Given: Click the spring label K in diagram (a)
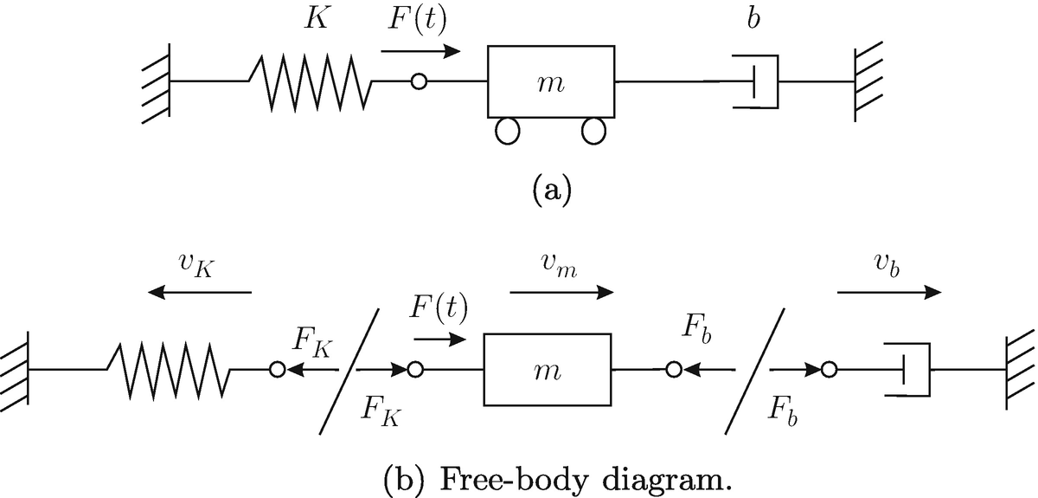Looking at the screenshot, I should coord(316,19).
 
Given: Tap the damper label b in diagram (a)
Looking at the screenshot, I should coord(754,20).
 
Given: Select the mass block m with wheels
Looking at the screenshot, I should coord(552,81).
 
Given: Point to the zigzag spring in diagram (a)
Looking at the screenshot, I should coord(311,81).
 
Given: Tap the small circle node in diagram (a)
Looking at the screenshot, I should coord(419,81).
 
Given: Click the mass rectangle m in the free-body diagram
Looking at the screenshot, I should coord(548,370).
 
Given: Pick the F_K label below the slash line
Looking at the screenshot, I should coord(379,412).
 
